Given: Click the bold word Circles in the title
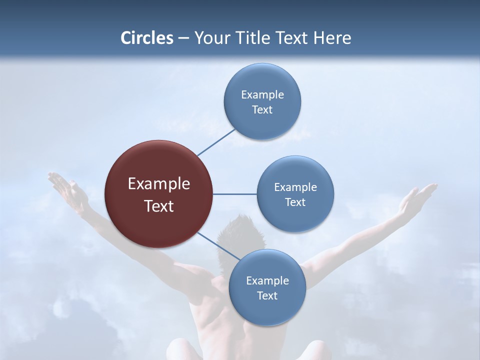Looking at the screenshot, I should pyautogui.click(x=147, y=38).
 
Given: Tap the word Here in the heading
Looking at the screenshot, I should pyautogui.click(x=332, y=38).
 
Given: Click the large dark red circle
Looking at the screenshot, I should pyautogui.click(x=158, y=194).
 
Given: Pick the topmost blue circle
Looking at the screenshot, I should pyautogui.click(x=262, y=101).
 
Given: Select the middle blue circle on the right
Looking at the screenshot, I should pyautogui.click(x=295, y=194).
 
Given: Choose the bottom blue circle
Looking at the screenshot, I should pyautogui.click(x=267, y=287).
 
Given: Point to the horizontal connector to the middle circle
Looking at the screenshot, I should pyautogui.click(x=234, y=194).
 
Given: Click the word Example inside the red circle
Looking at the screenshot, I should pyautogui.click(x=159, y=184).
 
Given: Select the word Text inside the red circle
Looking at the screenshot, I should pyautogui.click(x=159, y=206).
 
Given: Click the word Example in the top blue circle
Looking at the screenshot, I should pyautogui.click(x=262, y=94).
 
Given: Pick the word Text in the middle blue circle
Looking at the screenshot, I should pyautogui.click(x=295, y=202).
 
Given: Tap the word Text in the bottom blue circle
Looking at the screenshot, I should pyautogui.click(x=267, y=295).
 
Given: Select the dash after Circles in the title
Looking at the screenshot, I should pyautogui.click(x=183, y=38).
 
